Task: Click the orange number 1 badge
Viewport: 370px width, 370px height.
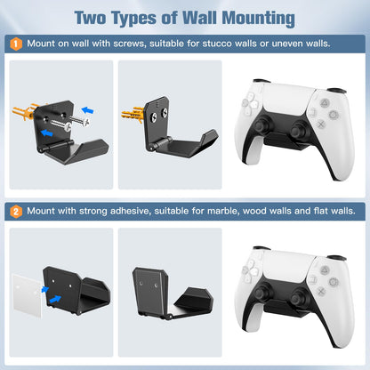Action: (17, 43)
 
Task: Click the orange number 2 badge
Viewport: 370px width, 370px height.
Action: (17, 212)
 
